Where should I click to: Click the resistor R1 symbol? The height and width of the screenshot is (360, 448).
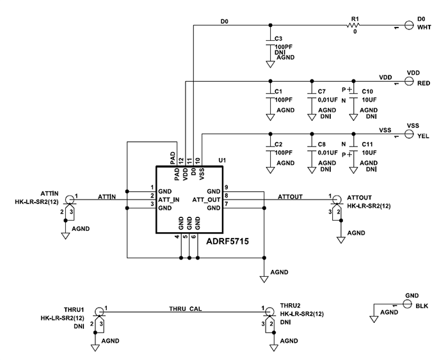[x=351, y=26]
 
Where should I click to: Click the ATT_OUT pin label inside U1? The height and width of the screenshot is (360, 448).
[x=206, y=200]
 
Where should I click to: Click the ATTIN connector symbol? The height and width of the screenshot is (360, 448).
[x=69, y=199]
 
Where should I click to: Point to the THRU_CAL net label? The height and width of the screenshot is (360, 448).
[x=186, y=308]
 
